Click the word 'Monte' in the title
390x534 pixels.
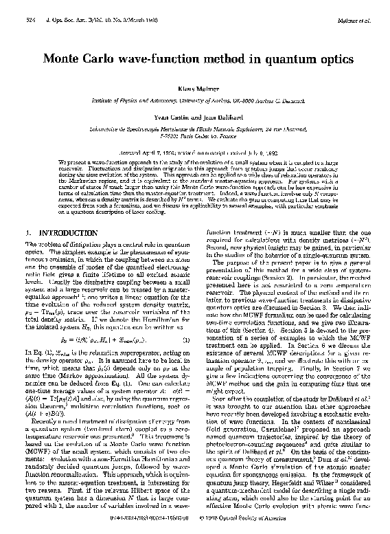[x=62, y=58]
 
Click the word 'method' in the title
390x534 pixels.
[x=228, y=58]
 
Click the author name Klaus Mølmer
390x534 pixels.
[x=195, y=89]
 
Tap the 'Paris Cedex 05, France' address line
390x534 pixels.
[x=195, y=136]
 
